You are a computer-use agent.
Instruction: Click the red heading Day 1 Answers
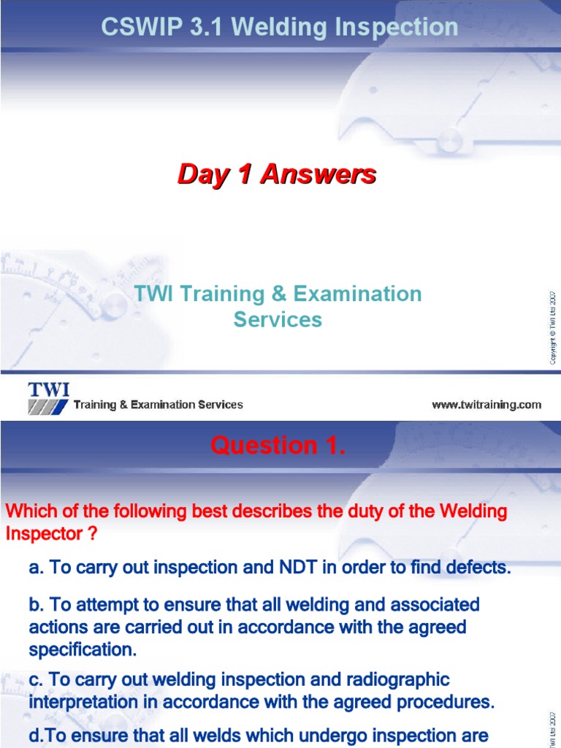pos(277,175)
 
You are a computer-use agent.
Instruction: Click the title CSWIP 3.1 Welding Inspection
pos(280,28)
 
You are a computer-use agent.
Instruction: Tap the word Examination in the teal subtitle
pos(357,294)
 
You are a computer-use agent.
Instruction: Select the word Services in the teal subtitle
pos(278,320)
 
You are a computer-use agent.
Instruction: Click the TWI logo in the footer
pos(49,398)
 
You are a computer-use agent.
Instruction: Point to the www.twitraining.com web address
pos(486,405)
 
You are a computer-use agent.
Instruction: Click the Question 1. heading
pos(278,446)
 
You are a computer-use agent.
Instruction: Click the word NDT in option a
pos(297,568)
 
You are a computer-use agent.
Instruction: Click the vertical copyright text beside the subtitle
pos(553,326)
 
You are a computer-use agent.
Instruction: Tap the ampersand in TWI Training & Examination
pos(279,294)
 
